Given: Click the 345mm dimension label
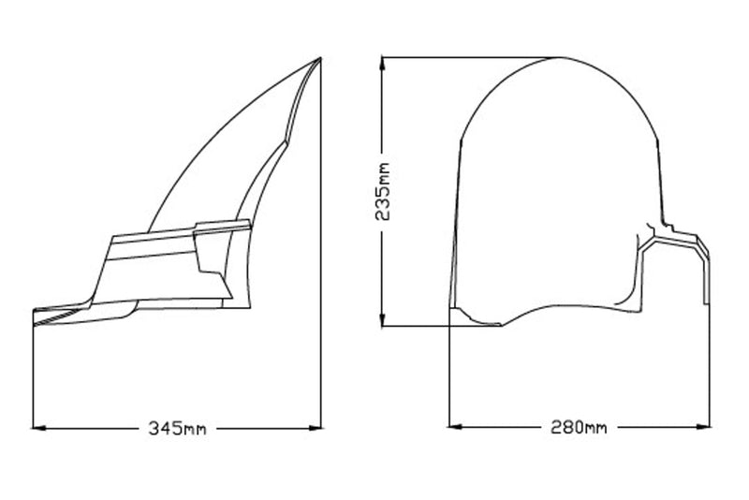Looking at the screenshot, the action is tap(177, 428).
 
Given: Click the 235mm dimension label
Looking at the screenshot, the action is tap(382, 192).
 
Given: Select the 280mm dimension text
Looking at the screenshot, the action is tap(579, 426).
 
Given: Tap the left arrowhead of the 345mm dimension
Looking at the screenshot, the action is tap(39, 428).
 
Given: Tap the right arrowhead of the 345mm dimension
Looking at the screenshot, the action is tap(315, 428).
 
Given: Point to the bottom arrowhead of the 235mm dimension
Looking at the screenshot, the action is tap(382, 319).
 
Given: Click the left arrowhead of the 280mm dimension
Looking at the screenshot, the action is tap(456, 426).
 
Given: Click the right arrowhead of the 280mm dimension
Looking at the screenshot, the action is tap(703, 426).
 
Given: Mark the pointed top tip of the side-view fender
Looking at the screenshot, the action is tap(320, 58).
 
